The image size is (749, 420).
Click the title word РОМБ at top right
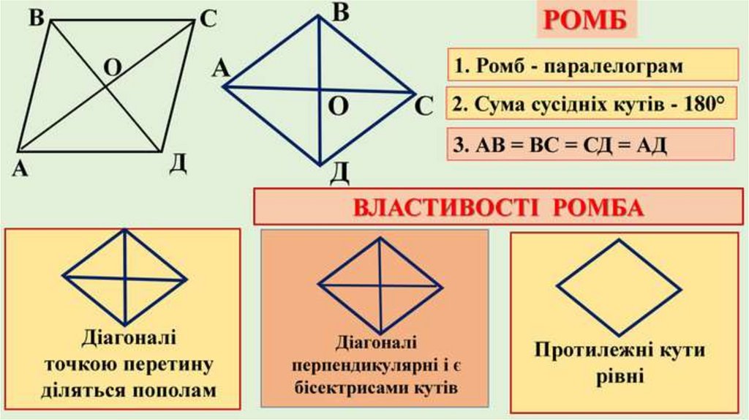(587, 21)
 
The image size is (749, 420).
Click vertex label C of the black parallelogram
(208, 20)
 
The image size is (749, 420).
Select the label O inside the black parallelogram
(112, 67)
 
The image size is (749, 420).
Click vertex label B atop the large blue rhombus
(340, 11)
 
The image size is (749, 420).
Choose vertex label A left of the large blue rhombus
(221, 70)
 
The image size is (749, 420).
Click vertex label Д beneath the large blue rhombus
(339, 173)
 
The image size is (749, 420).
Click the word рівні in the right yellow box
(620, 375)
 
